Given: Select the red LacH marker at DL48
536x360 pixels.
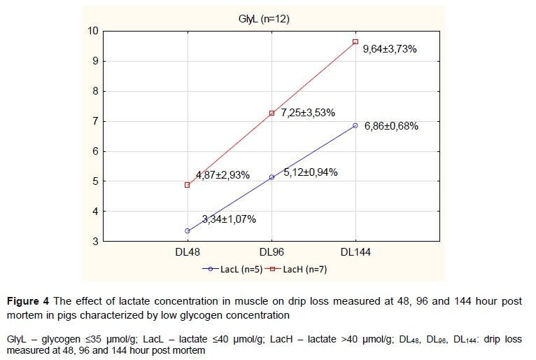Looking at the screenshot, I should pyautogui.click(x=188, y=185).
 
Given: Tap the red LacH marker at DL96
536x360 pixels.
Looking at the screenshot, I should pyautogui.click(x=271, y=113).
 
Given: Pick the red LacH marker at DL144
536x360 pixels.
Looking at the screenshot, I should pyautogui.click(x=355, y=42).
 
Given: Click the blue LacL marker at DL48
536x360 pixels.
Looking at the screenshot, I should pyautogui.click(x=188, y=231).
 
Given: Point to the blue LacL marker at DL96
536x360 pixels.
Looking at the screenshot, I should pyautogui.click(x=271, y=177).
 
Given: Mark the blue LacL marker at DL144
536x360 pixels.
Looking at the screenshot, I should pyautogui.click(x=355, y=125).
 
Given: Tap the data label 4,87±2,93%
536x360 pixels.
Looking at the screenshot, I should pyautogui.click(x=223, y=175).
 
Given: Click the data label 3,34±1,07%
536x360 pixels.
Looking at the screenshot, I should pyautogui.click(x=229, y=219).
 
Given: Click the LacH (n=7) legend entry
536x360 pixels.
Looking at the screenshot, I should pyautogui.click(x=305, y=268).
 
